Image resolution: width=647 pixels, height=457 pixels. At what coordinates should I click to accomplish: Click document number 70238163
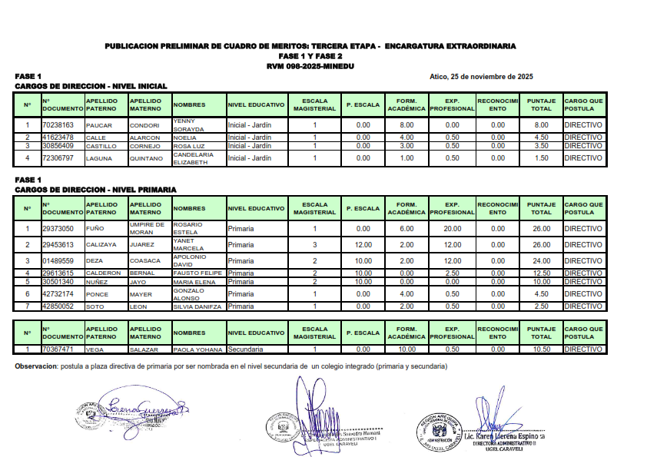58,124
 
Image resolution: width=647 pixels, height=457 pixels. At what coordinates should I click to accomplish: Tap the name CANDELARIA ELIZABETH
193,158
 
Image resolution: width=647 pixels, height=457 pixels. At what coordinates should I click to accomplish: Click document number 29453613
58,244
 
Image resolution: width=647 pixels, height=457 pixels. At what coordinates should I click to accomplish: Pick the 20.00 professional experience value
452,228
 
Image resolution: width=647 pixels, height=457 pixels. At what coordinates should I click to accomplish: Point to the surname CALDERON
103,273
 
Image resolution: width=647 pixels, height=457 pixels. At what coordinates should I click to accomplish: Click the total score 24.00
542,260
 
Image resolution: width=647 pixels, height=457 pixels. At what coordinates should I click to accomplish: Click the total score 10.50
542,349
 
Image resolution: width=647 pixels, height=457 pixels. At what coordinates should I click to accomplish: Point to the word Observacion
36,366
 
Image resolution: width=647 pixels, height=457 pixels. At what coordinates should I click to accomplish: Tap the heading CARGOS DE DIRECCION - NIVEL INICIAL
91,86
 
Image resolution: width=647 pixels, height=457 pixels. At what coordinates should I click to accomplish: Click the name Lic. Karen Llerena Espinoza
504,436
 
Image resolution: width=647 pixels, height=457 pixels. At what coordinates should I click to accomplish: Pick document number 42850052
58,306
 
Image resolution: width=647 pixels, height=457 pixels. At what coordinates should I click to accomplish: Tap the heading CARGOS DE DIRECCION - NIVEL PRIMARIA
95,189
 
